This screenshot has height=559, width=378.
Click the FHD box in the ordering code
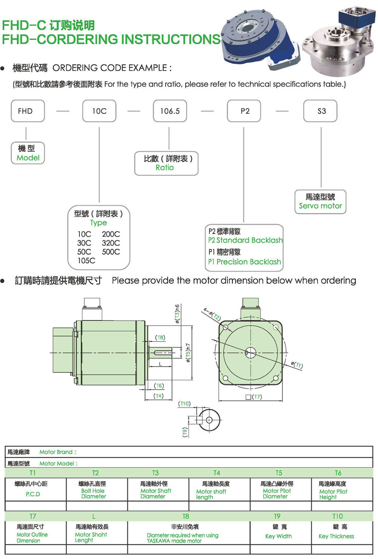coord(28,111)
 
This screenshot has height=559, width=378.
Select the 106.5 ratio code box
coord(170,111)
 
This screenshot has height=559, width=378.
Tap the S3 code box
coord(320,111)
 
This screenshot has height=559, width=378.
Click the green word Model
coord(28,158)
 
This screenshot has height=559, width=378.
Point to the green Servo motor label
coord(321,206)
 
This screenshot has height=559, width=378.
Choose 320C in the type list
coord(111,243)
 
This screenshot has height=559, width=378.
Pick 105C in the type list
coord(86,261)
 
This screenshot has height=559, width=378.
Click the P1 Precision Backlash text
coord(245,262)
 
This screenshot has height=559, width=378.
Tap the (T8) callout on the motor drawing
coord(160,337)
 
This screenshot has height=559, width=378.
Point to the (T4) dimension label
coord(159,396)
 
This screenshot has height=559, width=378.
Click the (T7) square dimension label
coord(254,396)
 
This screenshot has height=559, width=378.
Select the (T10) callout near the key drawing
coord(184,404)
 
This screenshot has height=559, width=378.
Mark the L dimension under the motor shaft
coord(160,364)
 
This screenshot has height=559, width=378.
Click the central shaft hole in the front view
coord(251,352)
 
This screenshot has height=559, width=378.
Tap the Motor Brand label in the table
coord(58,452)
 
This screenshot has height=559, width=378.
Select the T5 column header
coord(279,473)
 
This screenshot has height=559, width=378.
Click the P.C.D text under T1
coord(33,494)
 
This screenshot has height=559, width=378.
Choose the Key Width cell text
coord(279,536)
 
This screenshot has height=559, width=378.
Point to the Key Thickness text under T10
coord(336,536)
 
